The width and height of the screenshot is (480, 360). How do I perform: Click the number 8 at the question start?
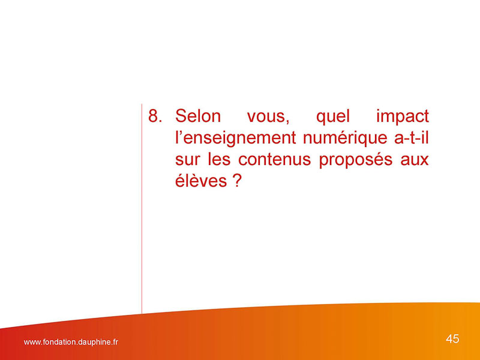pyautogui.click(x=153, y=116)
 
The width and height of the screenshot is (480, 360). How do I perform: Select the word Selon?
pyautogui.click(x=198, y=116)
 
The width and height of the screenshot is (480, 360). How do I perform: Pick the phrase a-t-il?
pyautogui.click(x=412, y=138)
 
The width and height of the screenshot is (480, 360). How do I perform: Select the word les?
pyautogui.click(x=219, y=160)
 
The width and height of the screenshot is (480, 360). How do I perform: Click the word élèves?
pyautogui.click(x=201, y=181)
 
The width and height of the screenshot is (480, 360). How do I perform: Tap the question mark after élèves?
pyautogui.click(x=237, y=181)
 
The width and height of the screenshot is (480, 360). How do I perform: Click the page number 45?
pyautogui.click(x=452, y=339)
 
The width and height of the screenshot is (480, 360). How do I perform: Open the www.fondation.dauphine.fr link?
pyautogui.click(x=71, y=342)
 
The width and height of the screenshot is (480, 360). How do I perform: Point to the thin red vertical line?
pyautogui.click(x=142, y=209)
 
